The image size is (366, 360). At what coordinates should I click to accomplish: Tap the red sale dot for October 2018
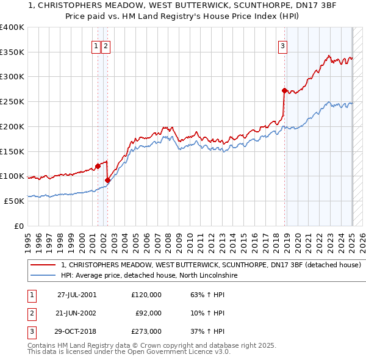[284, 90]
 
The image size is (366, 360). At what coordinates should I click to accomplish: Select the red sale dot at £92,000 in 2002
[107, 180]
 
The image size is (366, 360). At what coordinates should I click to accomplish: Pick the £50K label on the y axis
[15, 201]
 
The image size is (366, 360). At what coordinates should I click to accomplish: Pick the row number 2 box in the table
[31, 313]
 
